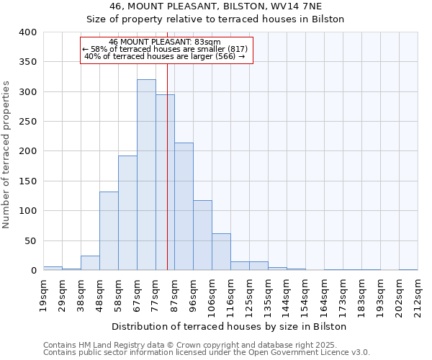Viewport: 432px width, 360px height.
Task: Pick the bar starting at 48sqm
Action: (109, 231)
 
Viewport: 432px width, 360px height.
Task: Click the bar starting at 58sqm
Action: (127, 213)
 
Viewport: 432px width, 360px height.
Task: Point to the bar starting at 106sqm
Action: (221, 252)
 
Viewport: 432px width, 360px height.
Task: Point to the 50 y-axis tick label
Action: (30, 240)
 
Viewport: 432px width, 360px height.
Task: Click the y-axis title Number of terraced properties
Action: (7, 154)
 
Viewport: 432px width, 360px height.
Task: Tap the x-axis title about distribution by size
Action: (230, 326)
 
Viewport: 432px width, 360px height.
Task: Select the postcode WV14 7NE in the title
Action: (297, 6)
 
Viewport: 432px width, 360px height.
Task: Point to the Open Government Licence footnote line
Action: (207, 353)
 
